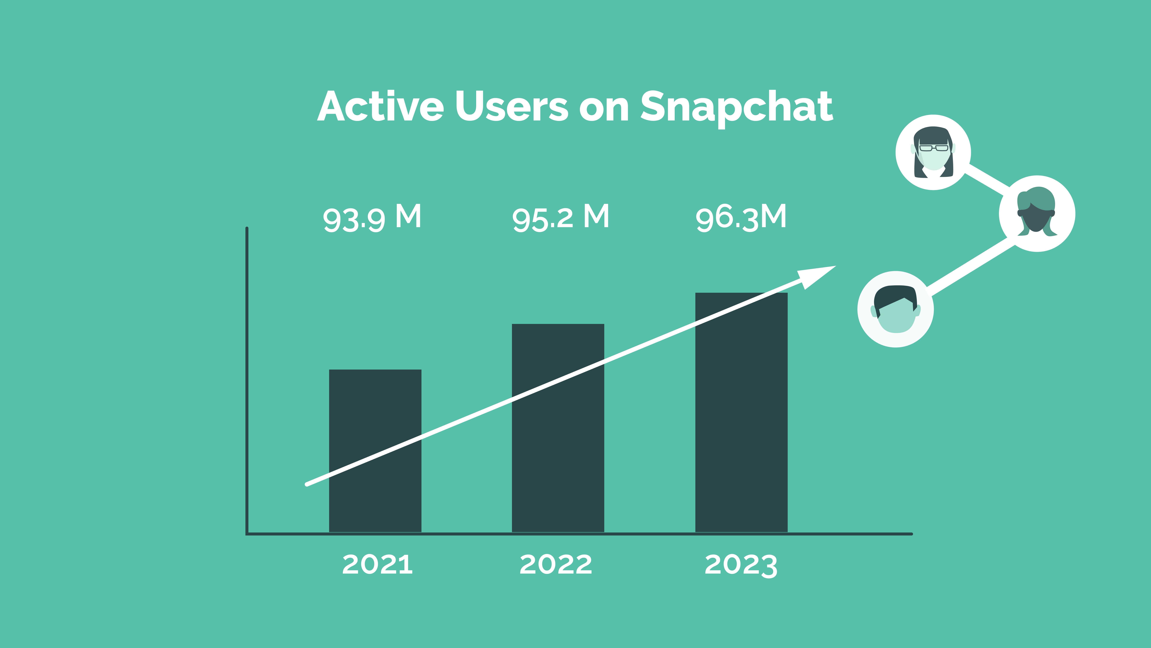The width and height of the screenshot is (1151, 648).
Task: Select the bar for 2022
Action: click(558, 428)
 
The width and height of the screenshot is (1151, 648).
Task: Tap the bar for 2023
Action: click(741, 412)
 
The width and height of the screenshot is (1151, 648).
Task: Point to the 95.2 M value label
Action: click(561, 218)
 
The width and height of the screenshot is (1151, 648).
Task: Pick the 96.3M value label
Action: click(741, 218)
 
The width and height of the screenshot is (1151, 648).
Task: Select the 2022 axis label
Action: click(556, 564)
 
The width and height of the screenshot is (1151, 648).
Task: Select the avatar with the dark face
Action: click(1037, 213)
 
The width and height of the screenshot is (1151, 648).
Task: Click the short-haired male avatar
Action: click(895, 309)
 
